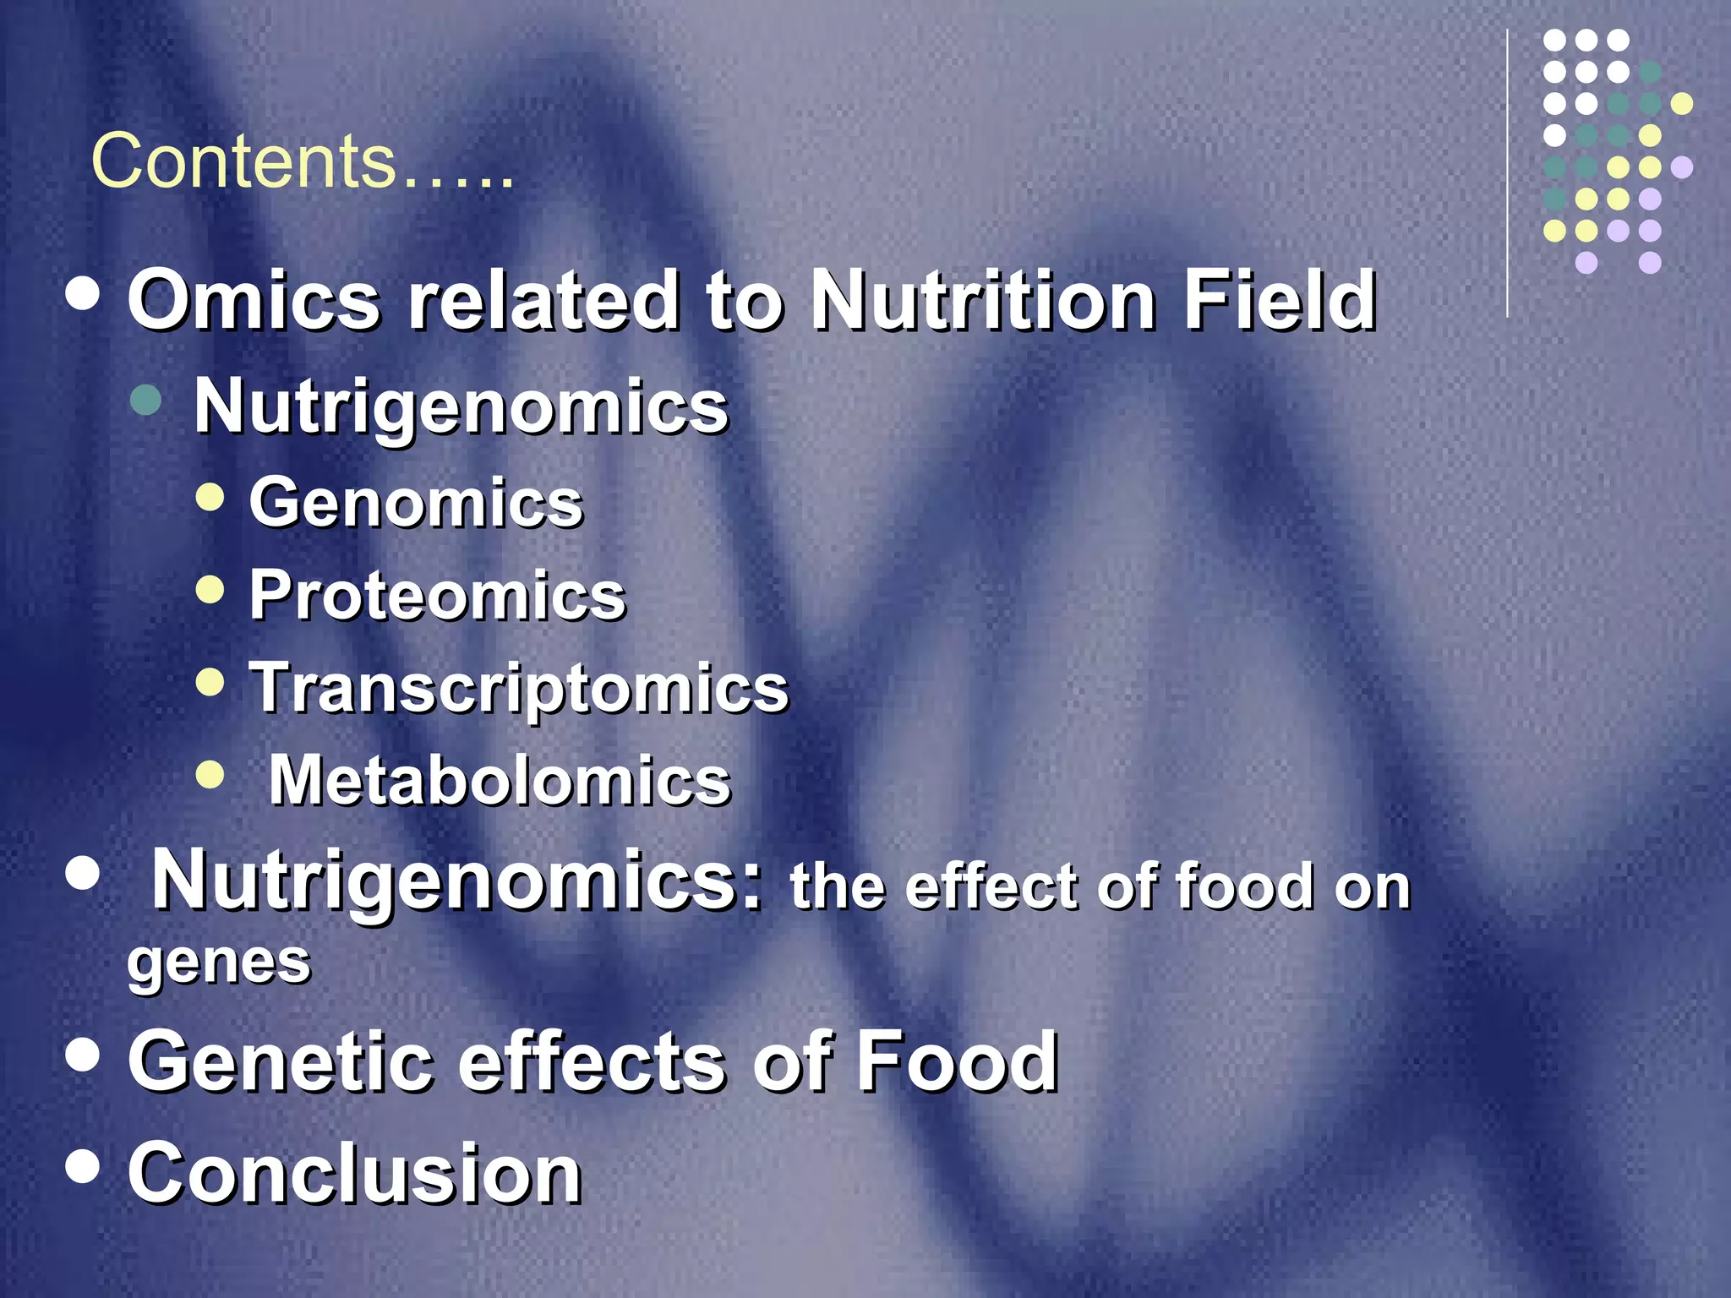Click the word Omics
coord(254,300)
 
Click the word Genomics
coord(416,503)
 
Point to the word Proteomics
coord(437,596)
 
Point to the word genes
coord(219,963)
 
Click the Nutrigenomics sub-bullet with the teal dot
coord(461,406)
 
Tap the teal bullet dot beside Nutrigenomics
coord(147,399)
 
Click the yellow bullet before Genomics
coord(210,497)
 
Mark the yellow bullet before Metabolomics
coord(210,773)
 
